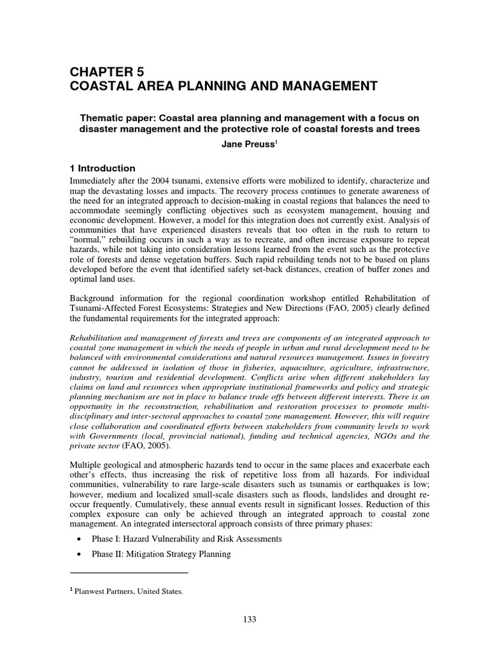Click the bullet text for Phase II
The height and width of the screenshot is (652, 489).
coord(159,555)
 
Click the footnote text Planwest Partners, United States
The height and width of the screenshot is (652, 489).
coord(129,592)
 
